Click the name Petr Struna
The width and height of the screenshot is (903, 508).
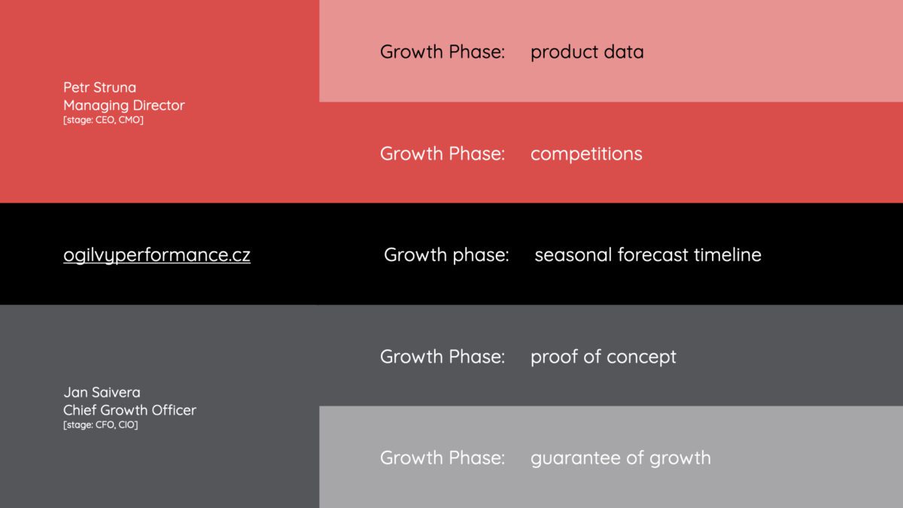pyautogui.click(x=99, y=87)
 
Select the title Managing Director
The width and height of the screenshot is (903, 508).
pyautogui.click(x=123, y=105)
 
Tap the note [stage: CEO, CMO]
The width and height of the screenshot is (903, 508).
pyautogui.click(x=103, y=120)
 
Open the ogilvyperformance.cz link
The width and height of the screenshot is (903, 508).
pyautogui.click(x=157, y=255)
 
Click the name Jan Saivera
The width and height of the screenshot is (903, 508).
pyautogui.click(x=102, y=392)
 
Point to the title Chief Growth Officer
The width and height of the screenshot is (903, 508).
pyautogui.click(x=129, y=410)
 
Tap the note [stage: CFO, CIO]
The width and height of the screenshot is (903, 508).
pyautogui.click(x=100, y=425)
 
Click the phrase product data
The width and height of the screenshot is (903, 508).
pyautogui.click(x=587, y=52)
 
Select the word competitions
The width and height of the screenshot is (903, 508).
pyautogui.click(x=586, y=154)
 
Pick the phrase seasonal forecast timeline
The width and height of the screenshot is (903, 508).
pyautogui.click(x=648, y=255)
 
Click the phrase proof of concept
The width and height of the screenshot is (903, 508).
pyautogui.click(x=604, y=357)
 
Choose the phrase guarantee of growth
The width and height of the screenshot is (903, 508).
pyautogui.click(x=621, y=458)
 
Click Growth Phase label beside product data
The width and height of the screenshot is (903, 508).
pyautogui.click(x=442, y=52)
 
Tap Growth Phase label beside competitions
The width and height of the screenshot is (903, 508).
pyautogui.click(x=442, y=154)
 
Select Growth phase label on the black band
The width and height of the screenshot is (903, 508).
pyautogui.click(x=446, y=255)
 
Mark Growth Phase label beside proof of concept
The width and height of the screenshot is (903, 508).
pyautogui.click(x=442, y=357)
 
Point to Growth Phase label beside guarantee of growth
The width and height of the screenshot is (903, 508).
pyautogui.click(x=442, y=458)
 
